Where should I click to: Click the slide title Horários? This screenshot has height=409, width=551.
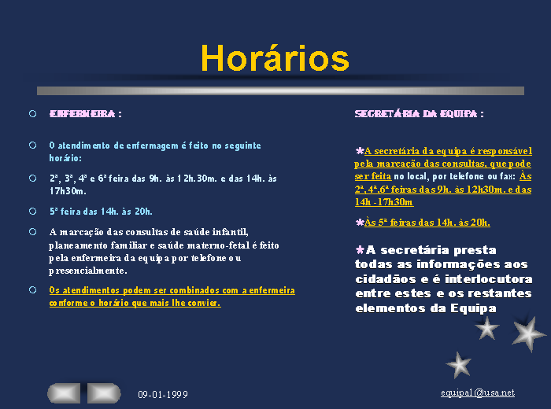point(275,58)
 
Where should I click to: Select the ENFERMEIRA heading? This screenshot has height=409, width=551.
point(83,114)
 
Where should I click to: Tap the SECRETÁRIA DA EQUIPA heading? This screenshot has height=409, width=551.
point(416,114)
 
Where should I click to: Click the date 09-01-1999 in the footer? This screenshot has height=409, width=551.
point(163,395)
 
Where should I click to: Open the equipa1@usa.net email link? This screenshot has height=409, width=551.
point(478,392)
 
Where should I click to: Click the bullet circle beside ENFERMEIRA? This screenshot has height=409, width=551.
point(33,114)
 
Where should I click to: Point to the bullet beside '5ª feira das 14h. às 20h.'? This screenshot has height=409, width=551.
point(33,212)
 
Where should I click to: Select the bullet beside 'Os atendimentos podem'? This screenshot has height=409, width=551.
point(33,290)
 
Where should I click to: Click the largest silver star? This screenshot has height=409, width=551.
point(528,333)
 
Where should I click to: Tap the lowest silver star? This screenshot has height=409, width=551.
point(459,365)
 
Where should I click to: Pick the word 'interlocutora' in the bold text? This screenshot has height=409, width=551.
point(489,279)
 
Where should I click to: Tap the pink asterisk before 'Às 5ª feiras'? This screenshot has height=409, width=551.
point(360,223)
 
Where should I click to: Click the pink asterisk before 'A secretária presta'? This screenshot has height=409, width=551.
point(360,250)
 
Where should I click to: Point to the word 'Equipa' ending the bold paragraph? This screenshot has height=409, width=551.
point(473,308)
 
